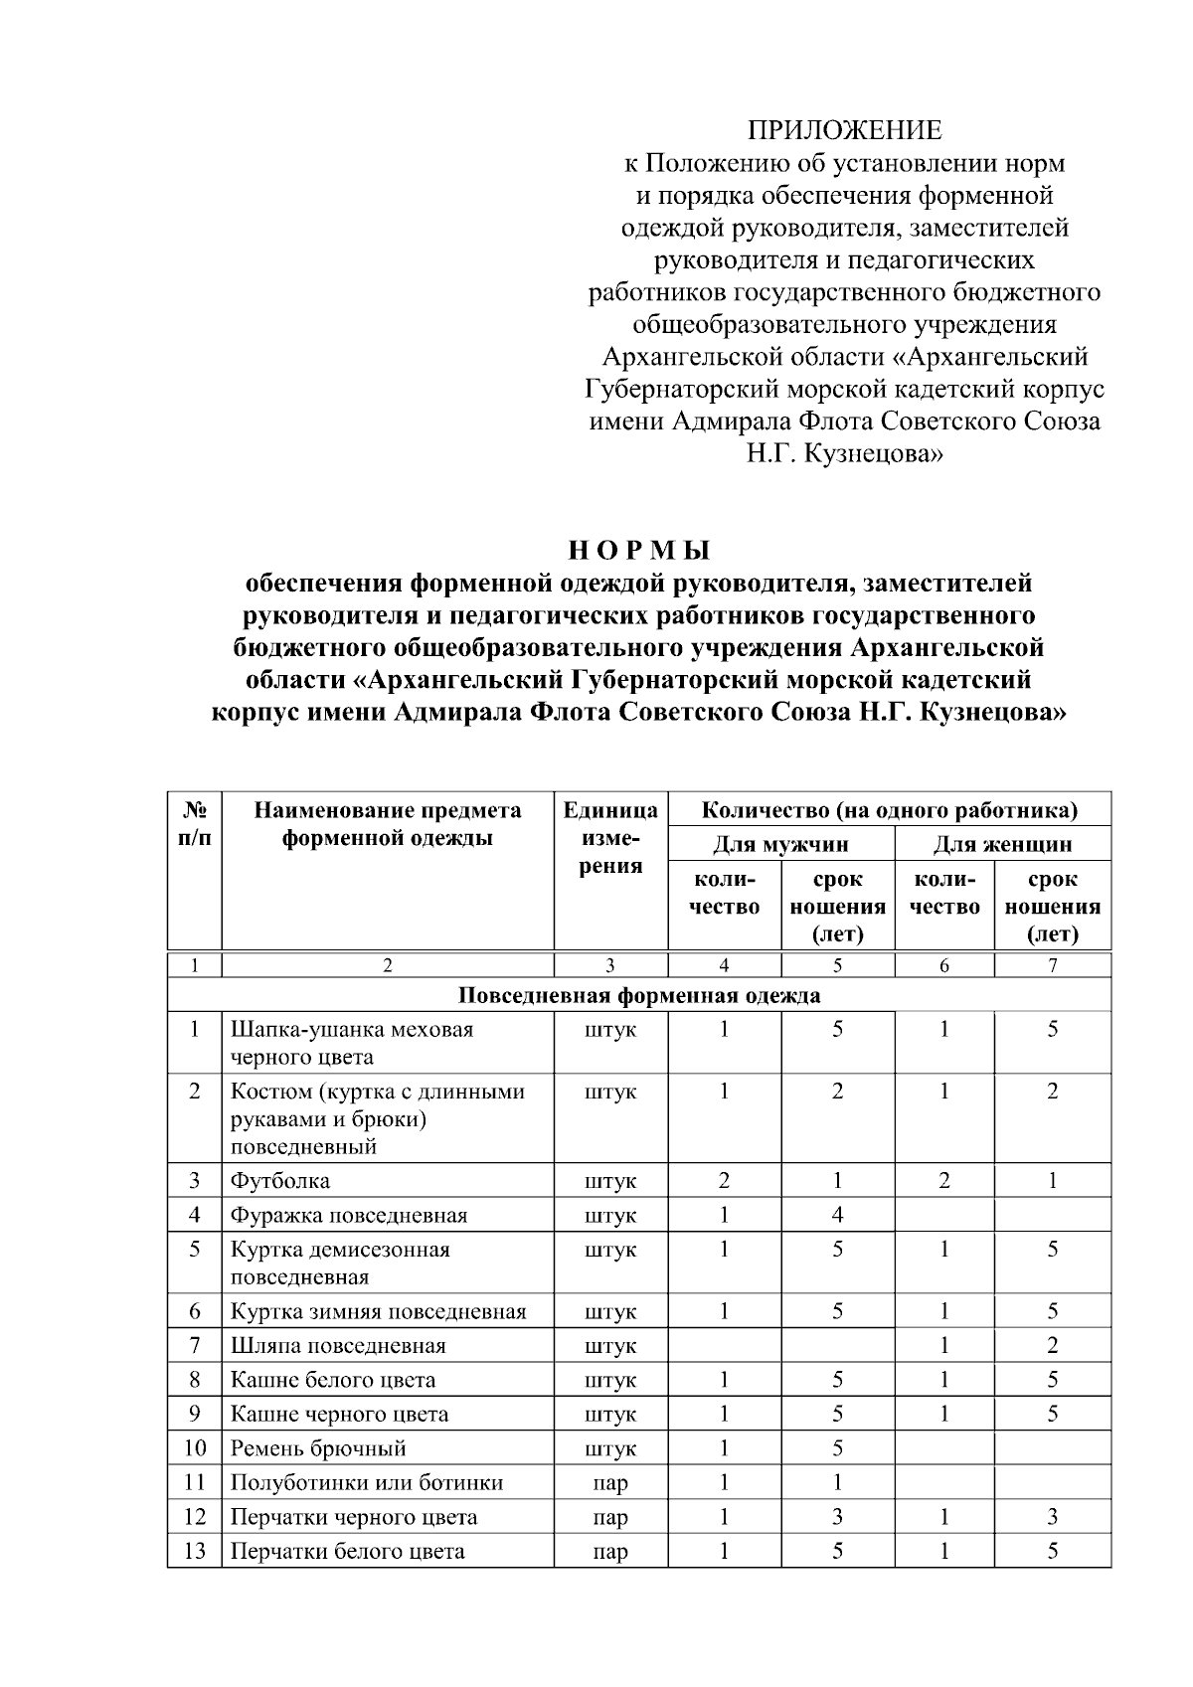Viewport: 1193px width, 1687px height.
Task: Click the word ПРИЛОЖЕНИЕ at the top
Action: click(844, 131)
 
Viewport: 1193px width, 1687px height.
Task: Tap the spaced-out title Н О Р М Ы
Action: click(640, 550)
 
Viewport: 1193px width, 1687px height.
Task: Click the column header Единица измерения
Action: click(610, 837)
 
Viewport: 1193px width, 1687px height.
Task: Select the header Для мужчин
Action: click(780, 845)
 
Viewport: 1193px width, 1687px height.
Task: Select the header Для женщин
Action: click(1002, 845)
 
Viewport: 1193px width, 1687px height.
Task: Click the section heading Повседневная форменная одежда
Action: click(639, 995)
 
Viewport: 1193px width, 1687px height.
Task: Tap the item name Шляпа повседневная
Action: click(338, 1346)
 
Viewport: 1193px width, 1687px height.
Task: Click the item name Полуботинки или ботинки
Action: click(367, 1482)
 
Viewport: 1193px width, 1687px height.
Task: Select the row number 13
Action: click(195, 1551)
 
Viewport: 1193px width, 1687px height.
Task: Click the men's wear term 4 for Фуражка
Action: click(837, 1215)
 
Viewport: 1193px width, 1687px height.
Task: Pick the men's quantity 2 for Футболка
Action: click(724, 1181)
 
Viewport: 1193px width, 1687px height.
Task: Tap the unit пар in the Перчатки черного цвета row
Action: click(609, 1517)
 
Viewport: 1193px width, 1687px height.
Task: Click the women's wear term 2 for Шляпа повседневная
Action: click(1052, 1346)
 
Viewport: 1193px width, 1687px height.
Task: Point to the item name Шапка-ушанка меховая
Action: click(352, 1030)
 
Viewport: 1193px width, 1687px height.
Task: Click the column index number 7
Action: click(1052, 965)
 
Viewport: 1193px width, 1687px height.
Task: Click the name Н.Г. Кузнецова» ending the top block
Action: click(844, 455)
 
